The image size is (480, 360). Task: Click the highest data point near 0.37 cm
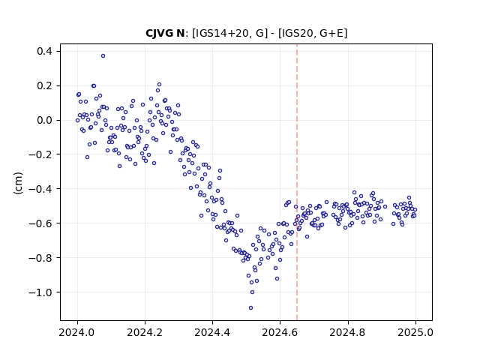pos(103,56)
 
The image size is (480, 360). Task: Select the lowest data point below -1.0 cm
pos(250,308)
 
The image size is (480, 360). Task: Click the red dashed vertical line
pos(297,182)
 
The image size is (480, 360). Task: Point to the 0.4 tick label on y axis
pos(44,51)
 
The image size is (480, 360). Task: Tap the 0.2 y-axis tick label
pos(44,85)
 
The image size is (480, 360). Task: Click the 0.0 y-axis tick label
pos(44,120)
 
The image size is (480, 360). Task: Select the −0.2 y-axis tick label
pos(40,154)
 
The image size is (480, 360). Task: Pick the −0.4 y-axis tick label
pos(40,189)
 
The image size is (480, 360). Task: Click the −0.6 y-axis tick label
pos(40,223)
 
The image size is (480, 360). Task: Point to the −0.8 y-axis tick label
pos(40,258)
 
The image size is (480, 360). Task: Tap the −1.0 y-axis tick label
pos(40,292)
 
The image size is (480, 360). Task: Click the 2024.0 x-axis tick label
pos(77,332)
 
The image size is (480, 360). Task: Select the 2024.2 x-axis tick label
pos(145,332)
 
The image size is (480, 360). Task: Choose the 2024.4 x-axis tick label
pos(212,332)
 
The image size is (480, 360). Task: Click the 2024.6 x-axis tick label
pos(280,332)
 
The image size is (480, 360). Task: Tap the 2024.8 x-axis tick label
pos(348,332)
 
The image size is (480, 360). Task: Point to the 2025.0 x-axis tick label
pos(415,332)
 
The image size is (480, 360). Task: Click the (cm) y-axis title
pos(18,183)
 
